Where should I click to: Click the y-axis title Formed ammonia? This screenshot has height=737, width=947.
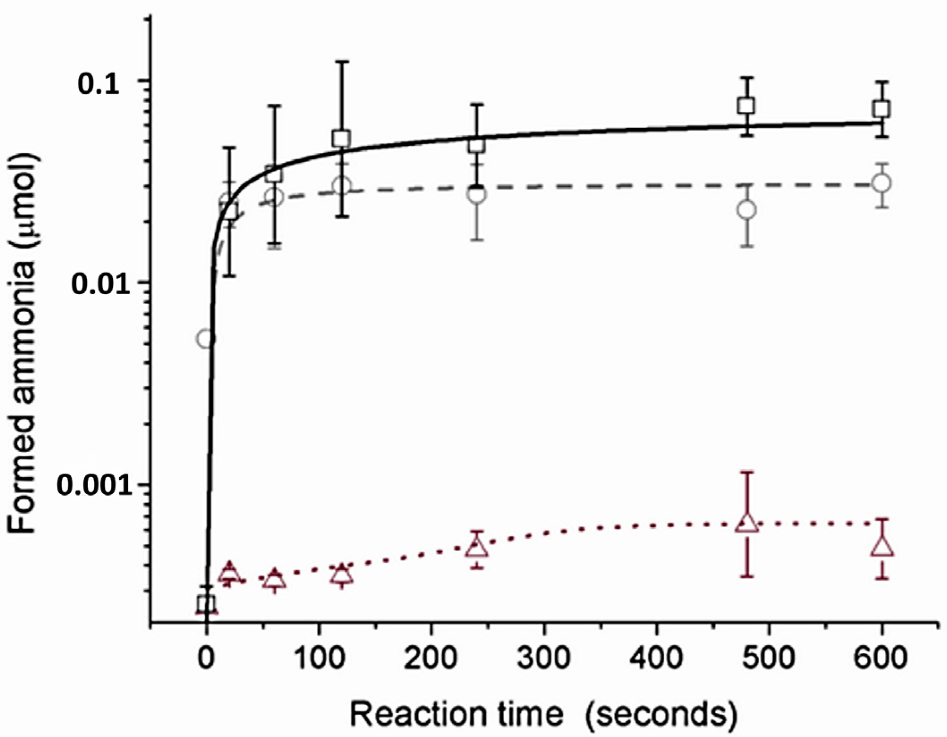point(22,344)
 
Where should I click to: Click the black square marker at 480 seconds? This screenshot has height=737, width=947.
point(746,106)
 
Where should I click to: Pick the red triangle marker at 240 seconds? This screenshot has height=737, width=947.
point(477,548)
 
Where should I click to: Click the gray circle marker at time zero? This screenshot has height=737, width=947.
point(205,339)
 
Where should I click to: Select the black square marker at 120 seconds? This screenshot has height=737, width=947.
point(342,138)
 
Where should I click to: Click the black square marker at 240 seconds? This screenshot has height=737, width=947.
point(477,145)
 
